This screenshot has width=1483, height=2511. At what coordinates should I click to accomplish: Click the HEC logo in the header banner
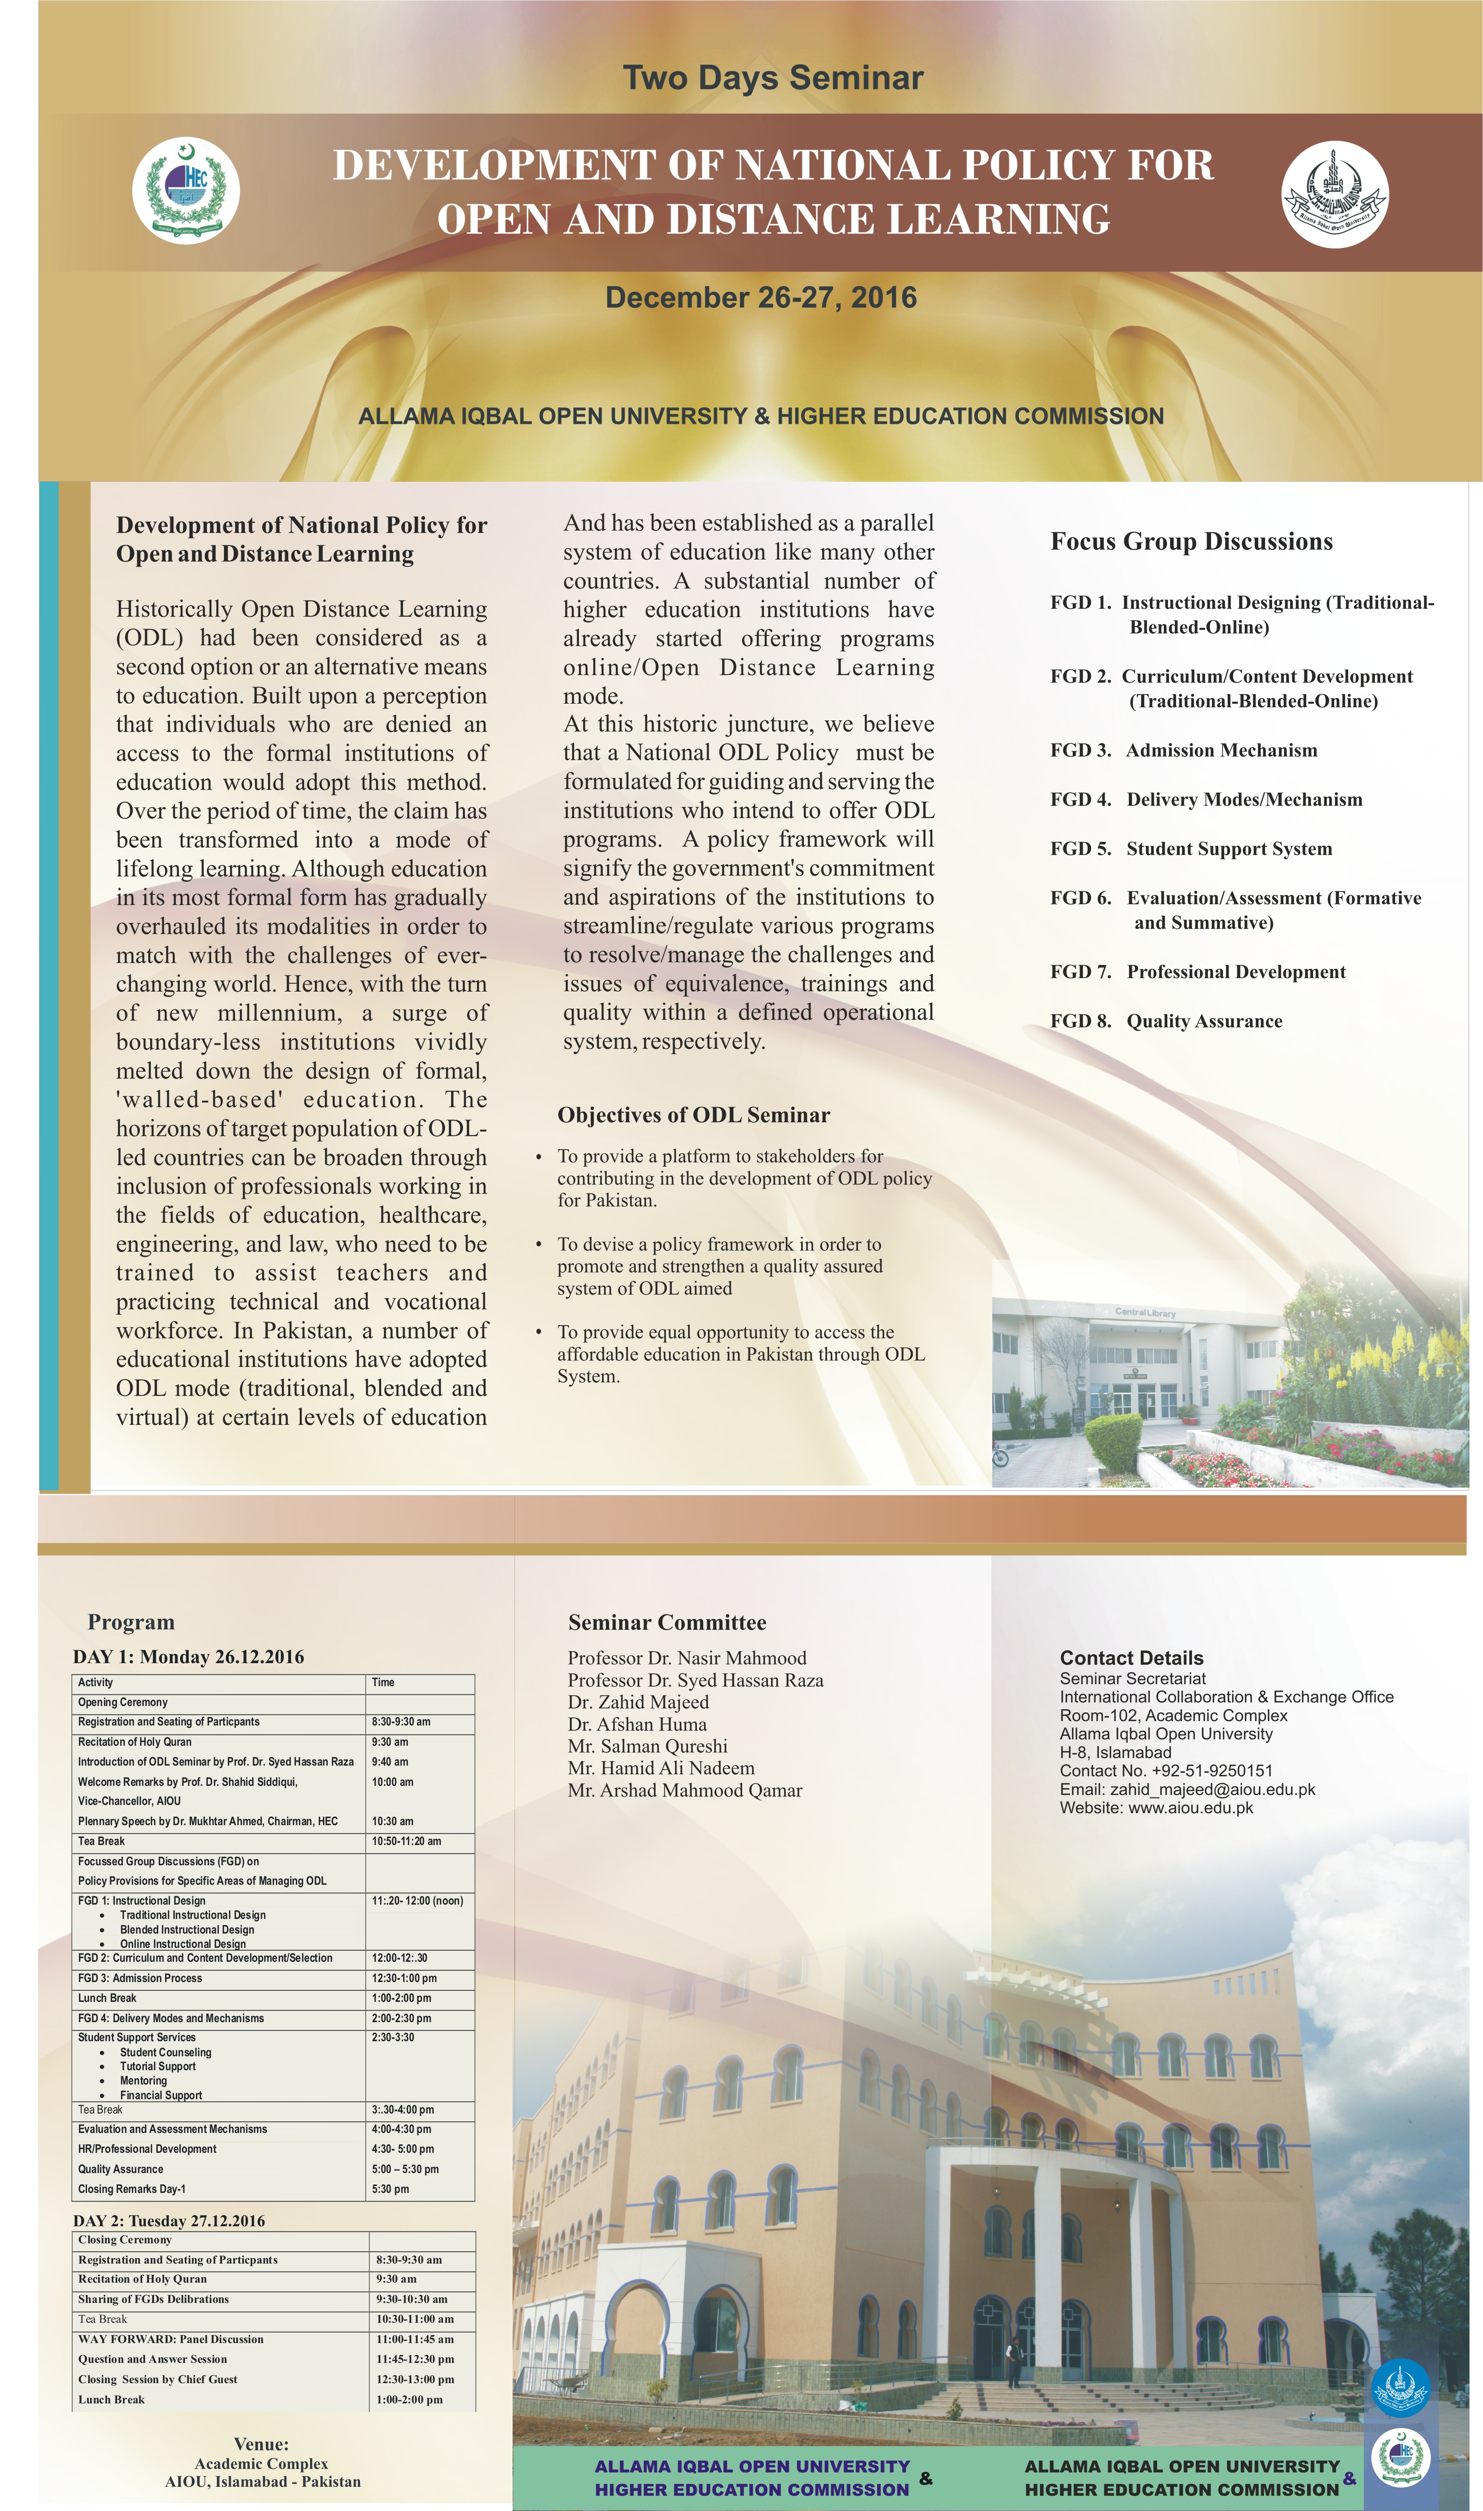point(186,190)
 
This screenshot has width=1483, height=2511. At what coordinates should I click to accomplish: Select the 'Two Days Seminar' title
point(773,78)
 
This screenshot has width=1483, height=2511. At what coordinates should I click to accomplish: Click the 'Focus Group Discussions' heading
point(1191,542)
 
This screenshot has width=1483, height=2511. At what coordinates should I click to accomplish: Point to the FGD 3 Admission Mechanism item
point(1184,751)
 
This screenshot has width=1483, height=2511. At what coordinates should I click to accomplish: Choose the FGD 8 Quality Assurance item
point(1166,1021)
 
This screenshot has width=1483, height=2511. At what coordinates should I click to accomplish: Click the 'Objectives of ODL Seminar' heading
point(694,1115)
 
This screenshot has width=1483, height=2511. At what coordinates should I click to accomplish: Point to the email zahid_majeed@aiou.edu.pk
point(1212,1789)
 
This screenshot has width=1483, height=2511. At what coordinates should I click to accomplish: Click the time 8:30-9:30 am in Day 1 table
point(401,1722)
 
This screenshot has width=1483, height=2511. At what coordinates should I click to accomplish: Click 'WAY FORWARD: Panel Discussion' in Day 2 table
point(171,2339)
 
